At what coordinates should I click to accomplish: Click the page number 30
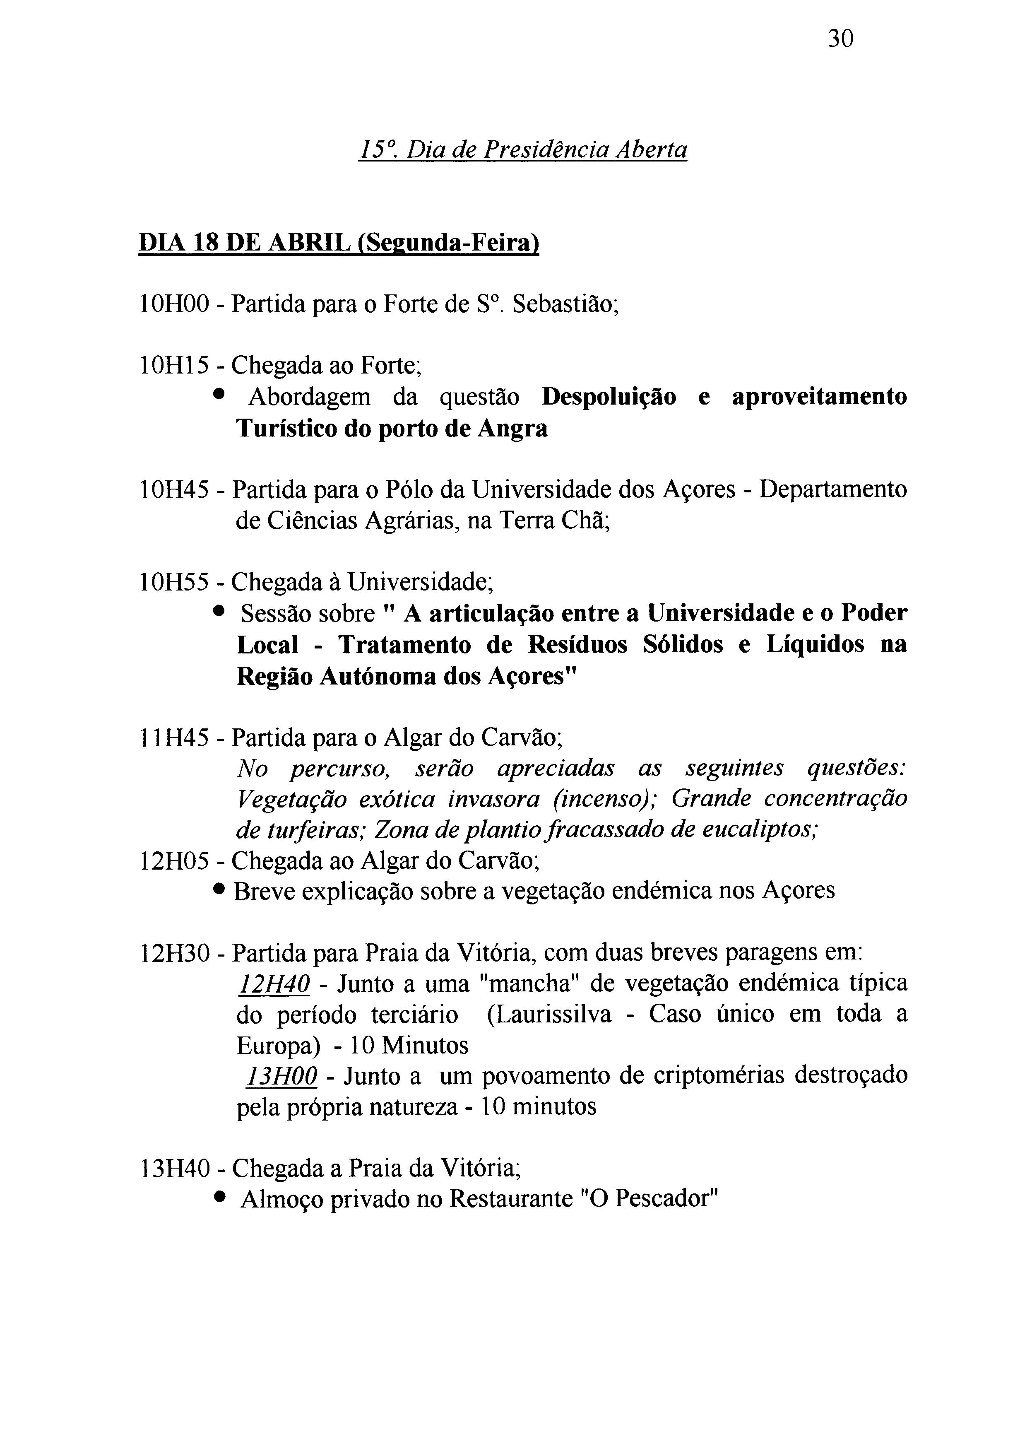click(840, 39)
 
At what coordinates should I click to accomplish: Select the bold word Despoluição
click(609, 397)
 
